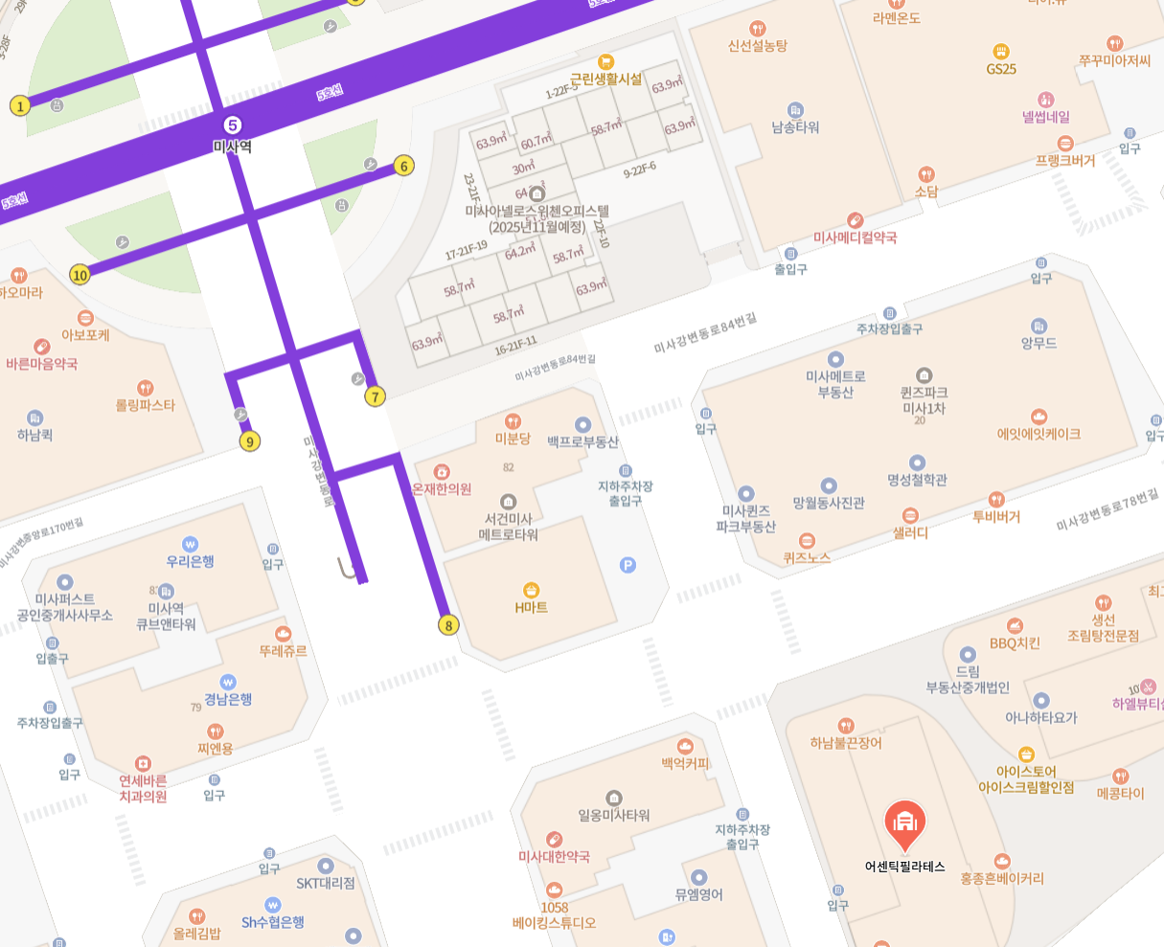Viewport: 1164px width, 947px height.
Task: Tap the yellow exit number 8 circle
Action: [x=447, y=625]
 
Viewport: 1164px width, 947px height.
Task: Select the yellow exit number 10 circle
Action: [x=80, y=276]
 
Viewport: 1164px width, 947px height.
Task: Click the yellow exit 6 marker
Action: [x=403, y=167]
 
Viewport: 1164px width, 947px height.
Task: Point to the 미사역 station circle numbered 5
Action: [x=232, y=125]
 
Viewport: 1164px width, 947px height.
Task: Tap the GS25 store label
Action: [x=1001, y=68]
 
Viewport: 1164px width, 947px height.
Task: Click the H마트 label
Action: [x=531, y=607]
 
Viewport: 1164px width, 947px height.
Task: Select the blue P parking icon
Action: [x=628, y=565]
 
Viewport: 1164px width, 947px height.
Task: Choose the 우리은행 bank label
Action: [x=190, y=561]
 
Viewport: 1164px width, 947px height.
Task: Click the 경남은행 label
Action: [x=228, y=699]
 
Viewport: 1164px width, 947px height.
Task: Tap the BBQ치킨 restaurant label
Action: [x=1015, y=643]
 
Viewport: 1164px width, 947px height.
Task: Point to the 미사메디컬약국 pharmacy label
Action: [x=855, y=237]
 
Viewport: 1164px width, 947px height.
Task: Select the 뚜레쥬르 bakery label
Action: [x=283, y=650]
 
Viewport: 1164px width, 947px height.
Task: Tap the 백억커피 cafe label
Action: [x=685, y=763]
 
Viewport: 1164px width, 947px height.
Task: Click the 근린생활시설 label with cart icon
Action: [x=605, y=79]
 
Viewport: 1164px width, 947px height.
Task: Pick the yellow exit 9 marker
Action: [x=250, y=441]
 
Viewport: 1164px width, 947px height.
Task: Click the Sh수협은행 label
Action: [x=273, y=921]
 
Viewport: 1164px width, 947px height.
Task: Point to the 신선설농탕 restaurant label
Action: [x=758, y=45]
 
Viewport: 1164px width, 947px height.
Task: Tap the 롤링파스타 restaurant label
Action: [x=146, y=405]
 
